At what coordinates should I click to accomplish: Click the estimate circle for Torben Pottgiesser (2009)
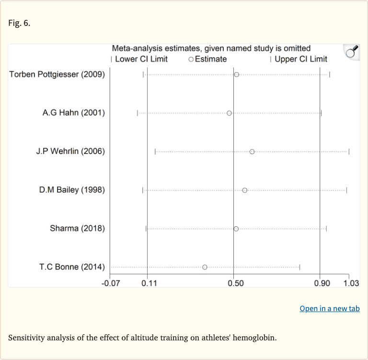(x=236, y=74)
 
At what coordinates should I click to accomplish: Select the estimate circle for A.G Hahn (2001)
(x=229, y=113)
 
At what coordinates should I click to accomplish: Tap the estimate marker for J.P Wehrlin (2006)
(x=252, y=151)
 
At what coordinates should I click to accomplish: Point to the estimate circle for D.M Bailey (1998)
(x=245, y=190)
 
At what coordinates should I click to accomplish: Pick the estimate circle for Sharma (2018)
(x=236, y=229)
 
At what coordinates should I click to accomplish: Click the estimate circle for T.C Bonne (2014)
(x=205, y=267)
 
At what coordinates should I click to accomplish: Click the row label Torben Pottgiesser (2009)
(x=57, y=74)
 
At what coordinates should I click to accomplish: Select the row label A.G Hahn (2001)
(x=73, y=113)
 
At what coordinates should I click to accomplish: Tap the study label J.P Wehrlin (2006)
(x=70, y=151)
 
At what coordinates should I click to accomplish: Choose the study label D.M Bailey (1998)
(x=72, y=190)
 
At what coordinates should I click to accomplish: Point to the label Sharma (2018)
(x=77, y=228)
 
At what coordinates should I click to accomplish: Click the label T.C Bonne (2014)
(x=72, y=267)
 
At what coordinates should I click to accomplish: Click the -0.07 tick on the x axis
(x=111, y=283)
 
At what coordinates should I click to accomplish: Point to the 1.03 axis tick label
(x=351, y=283)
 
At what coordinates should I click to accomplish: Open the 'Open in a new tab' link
(x=330, y=309)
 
